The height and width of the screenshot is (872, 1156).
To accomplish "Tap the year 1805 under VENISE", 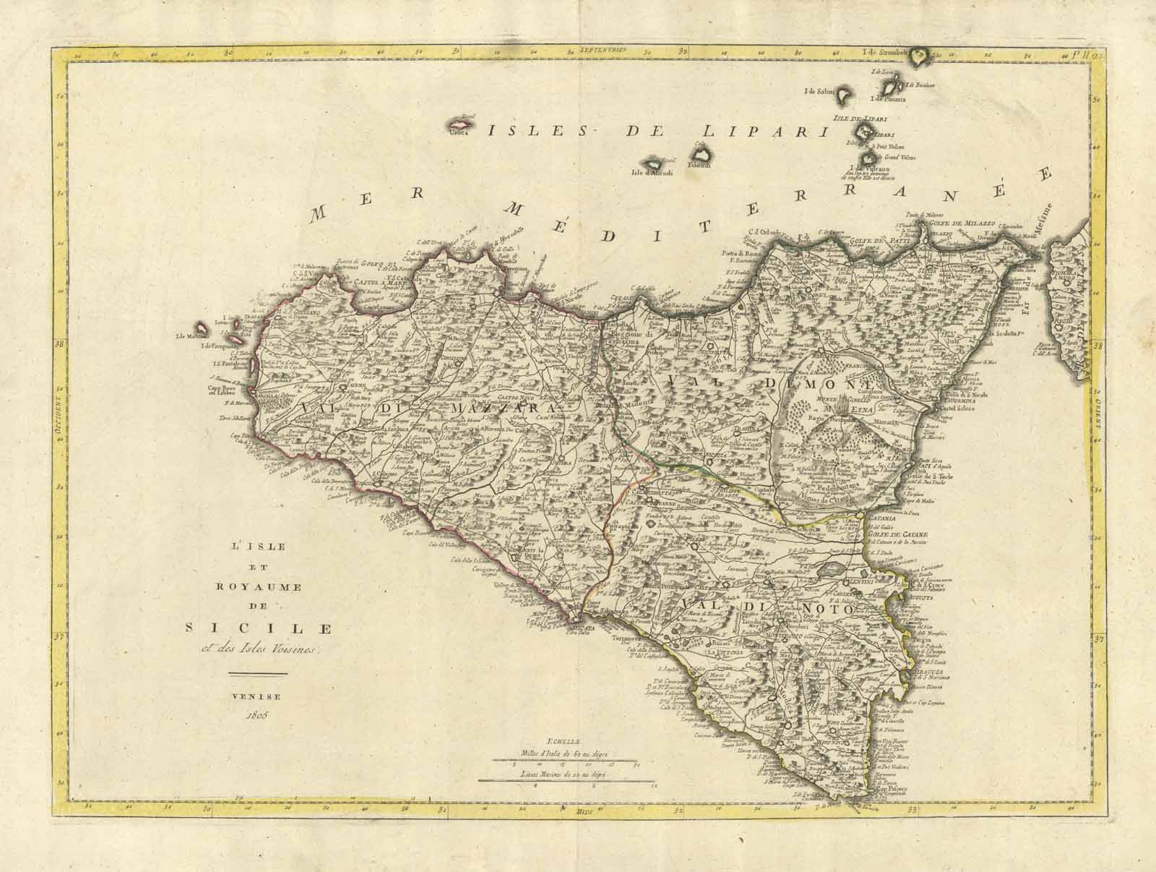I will tap(257, 715).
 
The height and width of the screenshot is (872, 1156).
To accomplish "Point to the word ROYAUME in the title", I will tap(257, 587).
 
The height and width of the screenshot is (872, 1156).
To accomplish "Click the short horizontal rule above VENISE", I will tap(258, 674).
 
